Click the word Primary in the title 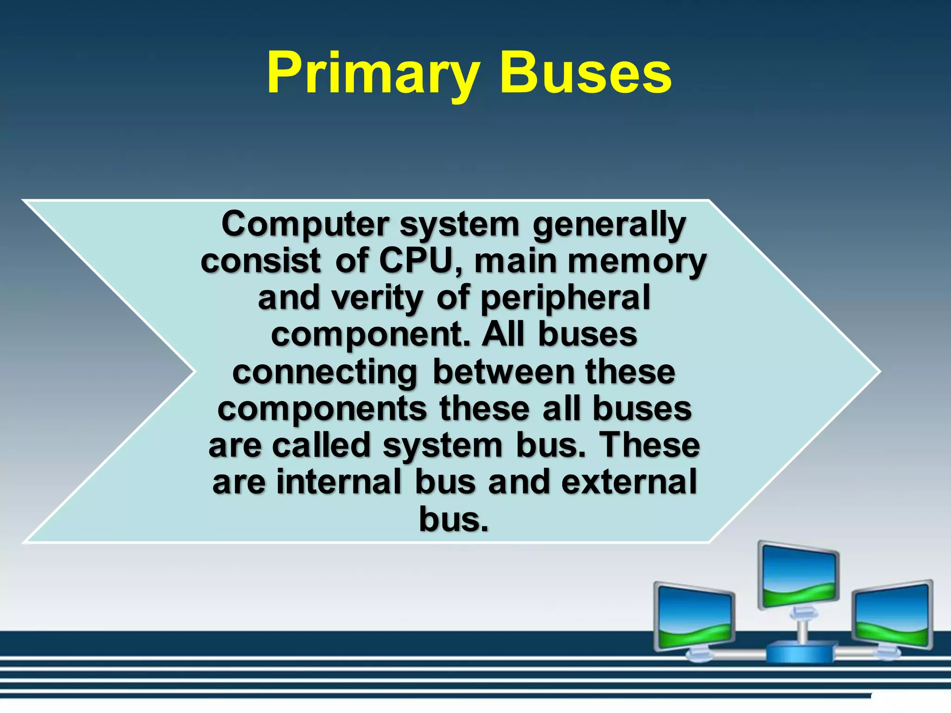[x=371, y=74]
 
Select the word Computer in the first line [x=305, y=225]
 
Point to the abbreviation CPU [x=416, y=261]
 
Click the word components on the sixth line [x=322, y=410]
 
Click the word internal [x=339, y=482]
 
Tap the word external [x=629, y=482]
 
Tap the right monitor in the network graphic [x=892, y=615]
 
